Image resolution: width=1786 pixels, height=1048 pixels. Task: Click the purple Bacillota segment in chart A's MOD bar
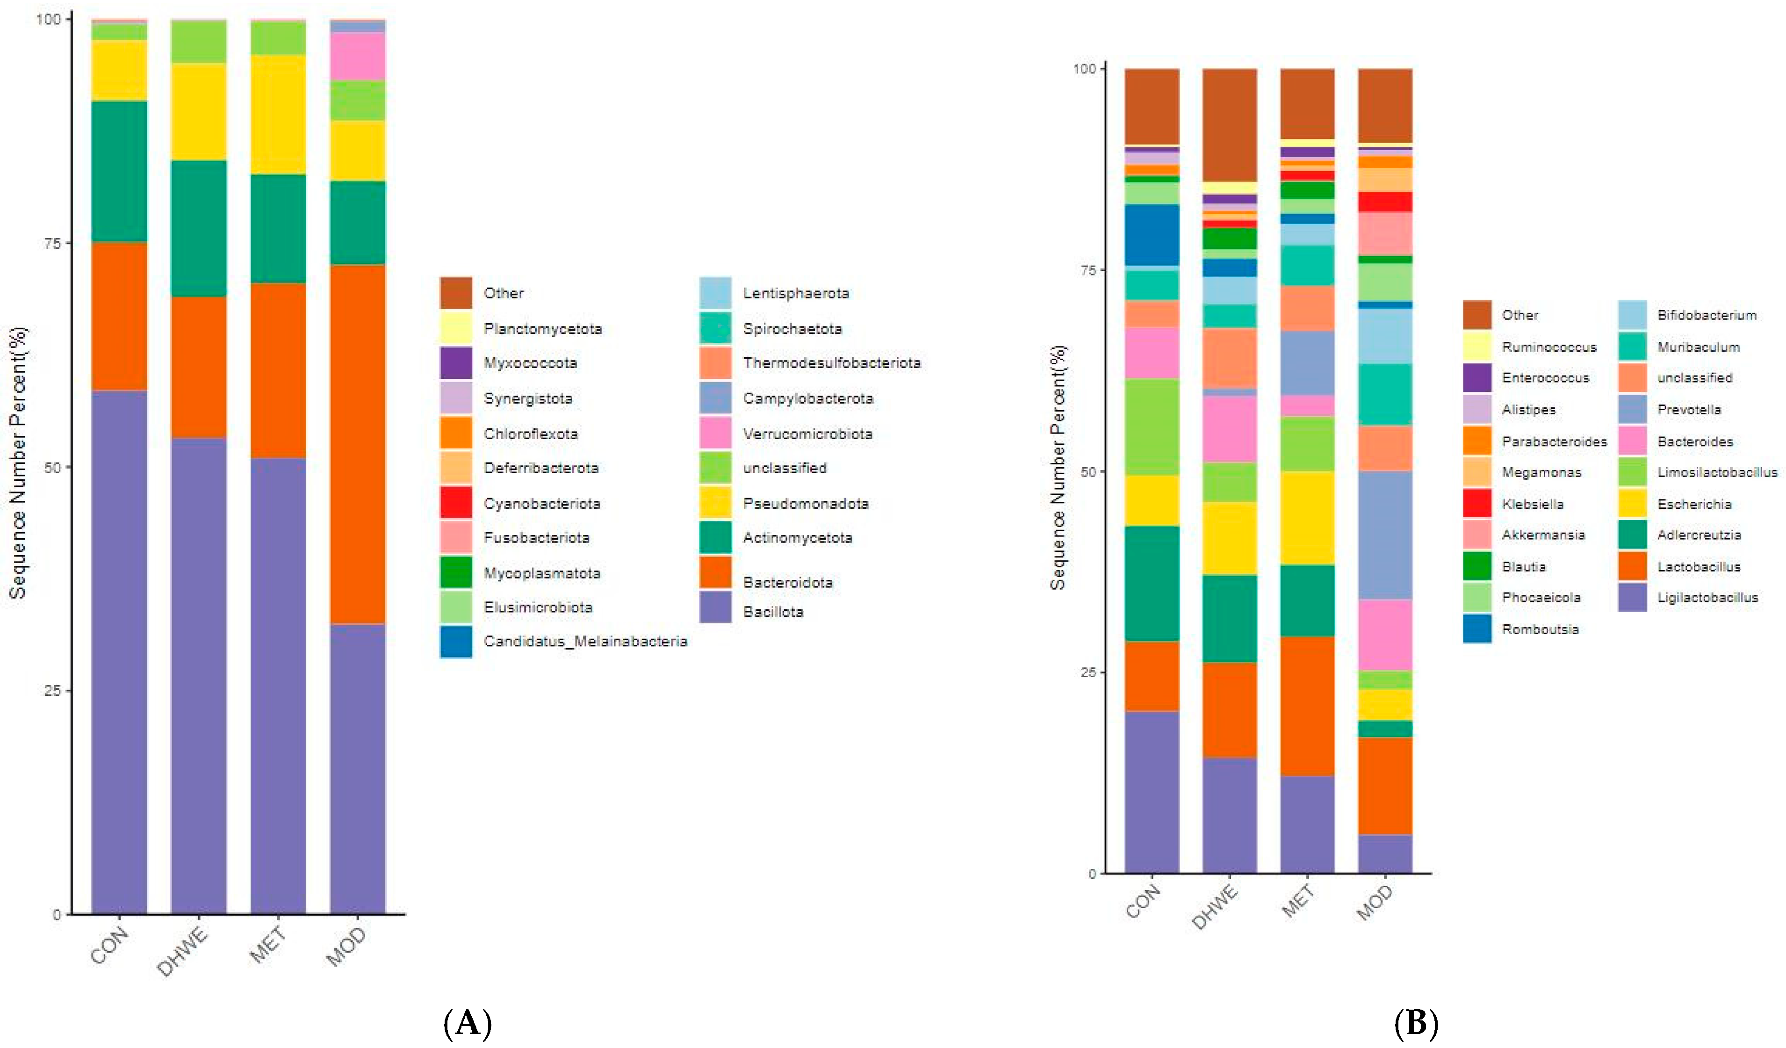click(x=358, y=769)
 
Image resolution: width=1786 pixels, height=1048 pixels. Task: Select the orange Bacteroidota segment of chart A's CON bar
click(x=119, y=316)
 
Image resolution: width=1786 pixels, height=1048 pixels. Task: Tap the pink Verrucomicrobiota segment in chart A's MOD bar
click(x=358, y=57)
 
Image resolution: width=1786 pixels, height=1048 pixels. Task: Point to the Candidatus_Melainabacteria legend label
click(x=585, y=642)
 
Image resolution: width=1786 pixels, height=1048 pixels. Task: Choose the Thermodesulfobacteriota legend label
click(x=831, y=363)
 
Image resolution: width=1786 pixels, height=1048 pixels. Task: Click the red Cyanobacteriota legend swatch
click(x=456, y=502)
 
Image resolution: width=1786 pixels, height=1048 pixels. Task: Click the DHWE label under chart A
click(x=183, y=951)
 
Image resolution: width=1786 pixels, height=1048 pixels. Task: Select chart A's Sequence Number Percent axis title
click(x=18, y=463)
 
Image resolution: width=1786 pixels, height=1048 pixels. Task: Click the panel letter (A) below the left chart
click(x=467, y=1024)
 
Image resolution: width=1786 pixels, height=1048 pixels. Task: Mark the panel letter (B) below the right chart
click(x=1416, y=1024)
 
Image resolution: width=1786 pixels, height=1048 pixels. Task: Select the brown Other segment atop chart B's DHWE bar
click(x=1230, y=125)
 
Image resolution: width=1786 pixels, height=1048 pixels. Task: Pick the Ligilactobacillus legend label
click(x=1707, y=598)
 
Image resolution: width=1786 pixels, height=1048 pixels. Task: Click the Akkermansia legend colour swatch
click(x=1477, y=535)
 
